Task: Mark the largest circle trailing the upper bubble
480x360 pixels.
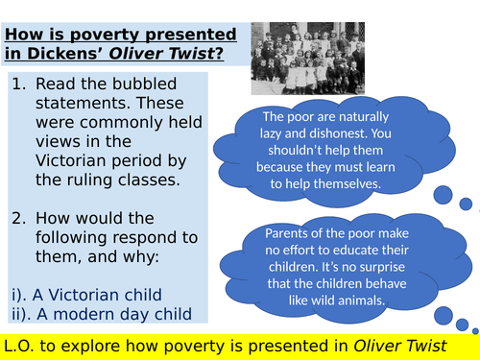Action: coord(444,196)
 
